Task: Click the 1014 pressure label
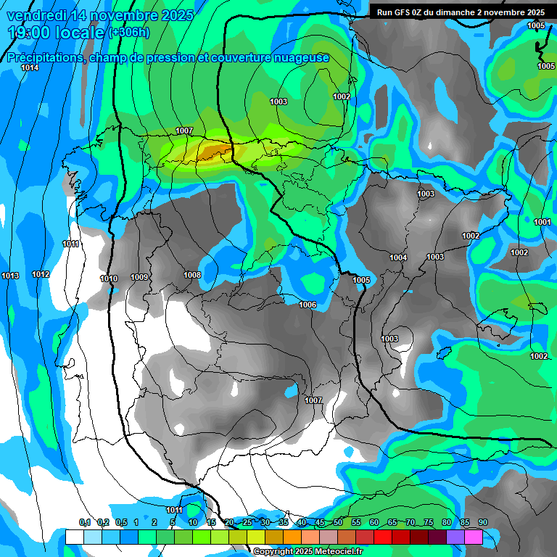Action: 30,67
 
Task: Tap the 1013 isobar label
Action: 10,276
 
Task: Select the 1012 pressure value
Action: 41,274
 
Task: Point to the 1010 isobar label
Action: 109,278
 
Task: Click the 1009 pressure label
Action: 139,277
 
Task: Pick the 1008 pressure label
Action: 192,275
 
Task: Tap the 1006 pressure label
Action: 308,305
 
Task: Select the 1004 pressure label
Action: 398,257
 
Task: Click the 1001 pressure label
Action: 542,222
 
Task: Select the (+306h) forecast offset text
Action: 128,33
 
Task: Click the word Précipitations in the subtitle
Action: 45,58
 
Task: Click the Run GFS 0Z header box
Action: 461,12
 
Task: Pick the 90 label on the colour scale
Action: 482,522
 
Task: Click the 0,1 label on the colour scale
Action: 85,522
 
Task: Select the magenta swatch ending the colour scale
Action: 474,537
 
